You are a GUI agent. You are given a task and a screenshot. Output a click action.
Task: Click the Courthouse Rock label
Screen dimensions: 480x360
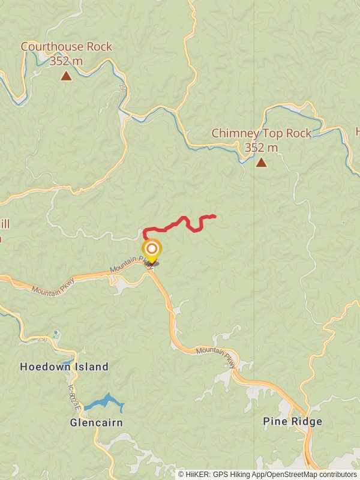(x=66, y=47)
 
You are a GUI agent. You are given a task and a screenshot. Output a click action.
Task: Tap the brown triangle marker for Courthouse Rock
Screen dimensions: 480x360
(x=66, y=76)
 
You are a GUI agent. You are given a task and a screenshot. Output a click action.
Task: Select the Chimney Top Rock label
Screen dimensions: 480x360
(x=261, y=133)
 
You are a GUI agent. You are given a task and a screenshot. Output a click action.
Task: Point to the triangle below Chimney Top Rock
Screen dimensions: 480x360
(x=261, y=162)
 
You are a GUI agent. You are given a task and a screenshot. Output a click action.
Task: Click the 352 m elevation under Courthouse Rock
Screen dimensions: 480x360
(x=66, y=61)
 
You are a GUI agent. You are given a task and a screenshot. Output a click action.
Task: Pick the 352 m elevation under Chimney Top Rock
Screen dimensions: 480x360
(x=261, y=148)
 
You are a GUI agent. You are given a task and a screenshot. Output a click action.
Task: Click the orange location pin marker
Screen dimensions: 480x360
(x=152, y=249)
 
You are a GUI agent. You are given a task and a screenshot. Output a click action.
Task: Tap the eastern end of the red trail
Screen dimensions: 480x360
(x=214, y=216)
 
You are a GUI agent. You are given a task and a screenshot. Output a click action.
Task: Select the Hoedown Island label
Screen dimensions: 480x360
(x=64, y=367)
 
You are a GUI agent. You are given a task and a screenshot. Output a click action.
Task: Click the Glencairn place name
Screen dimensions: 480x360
(x=96, y=422)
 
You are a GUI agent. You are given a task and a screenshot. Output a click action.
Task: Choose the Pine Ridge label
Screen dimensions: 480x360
(x=292, y=422)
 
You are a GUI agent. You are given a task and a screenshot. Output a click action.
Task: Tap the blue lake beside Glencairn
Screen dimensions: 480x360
(x=105, y=403)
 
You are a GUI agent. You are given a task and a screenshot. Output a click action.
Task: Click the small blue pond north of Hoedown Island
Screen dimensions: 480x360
(x=56, y=333)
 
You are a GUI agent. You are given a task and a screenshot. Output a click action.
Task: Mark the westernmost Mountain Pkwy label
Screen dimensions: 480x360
(x=53, y=286)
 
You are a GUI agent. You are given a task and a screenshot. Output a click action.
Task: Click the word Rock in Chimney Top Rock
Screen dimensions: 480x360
(x=298, y=133)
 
